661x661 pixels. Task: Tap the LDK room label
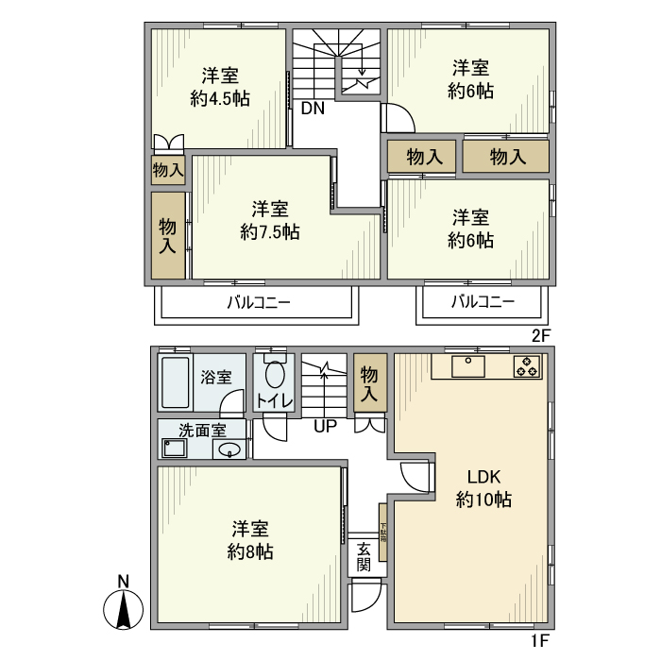[483, 477]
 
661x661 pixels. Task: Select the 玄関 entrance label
[364, 557]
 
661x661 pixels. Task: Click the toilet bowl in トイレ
[275, 375]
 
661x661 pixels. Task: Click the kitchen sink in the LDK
[468, 366]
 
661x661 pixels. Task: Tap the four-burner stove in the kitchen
[527, 366]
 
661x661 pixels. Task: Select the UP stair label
[325, 426]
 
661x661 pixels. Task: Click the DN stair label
[313, 108]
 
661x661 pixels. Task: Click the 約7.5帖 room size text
[270, 231]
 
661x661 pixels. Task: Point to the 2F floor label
[540, 335]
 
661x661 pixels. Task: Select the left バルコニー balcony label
[258, 303]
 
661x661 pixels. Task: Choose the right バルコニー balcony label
[482, 303]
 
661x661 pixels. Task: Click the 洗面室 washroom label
[202, 429]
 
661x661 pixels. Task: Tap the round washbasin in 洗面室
[229, 449]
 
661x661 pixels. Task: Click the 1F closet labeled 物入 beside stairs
[369, 383]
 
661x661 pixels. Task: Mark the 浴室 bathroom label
[215, 377]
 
